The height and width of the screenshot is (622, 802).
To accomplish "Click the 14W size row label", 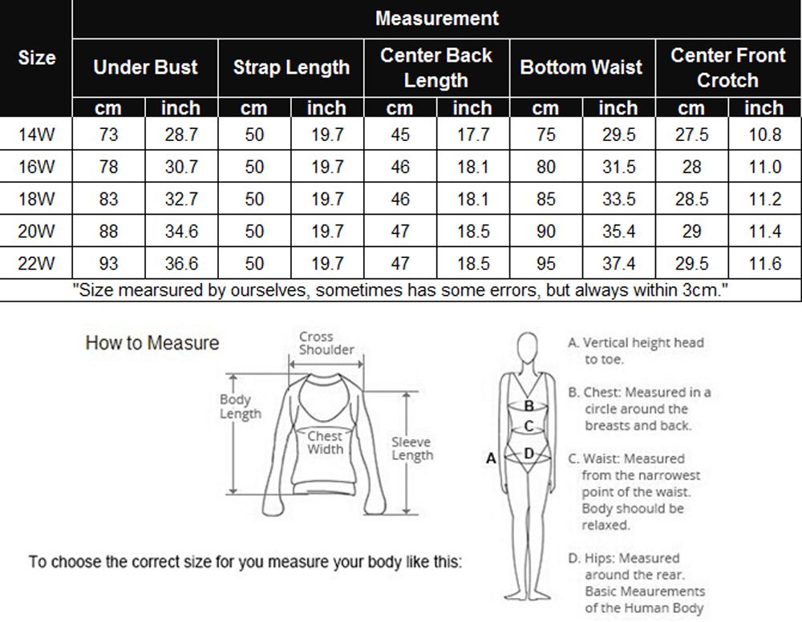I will click(37, 135).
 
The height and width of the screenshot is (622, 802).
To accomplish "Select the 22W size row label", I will click(37, 263).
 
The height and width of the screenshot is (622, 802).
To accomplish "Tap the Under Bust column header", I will click(145, 67).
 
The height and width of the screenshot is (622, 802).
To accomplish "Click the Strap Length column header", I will click(291, 67).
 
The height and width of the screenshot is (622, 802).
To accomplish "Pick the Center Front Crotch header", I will click(727, 67).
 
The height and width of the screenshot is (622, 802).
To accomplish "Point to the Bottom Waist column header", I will click(581, 67).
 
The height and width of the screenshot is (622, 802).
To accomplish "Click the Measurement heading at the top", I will click(436, 18).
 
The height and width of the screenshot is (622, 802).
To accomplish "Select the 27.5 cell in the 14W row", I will click(691, 135).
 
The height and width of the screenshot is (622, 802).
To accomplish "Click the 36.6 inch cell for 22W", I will click(181, 263).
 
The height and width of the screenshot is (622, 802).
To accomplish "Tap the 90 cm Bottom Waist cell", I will click(545, 232).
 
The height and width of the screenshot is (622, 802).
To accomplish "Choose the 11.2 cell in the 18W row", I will click(764, 200).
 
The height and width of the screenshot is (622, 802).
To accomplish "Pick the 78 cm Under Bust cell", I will click(108, 168).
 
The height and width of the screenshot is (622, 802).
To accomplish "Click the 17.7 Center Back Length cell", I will click(472, 135).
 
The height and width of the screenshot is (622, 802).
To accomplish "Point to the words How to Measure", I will click(152, 343).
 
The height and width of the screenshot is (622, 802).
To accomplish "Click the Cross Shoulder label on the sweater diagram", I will click(326, 343).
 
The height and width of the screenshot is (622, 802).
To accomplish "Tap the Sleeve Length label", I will click(412, 448).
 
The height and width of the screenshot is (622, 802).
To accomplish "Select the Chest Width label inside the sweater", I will click(325, 442).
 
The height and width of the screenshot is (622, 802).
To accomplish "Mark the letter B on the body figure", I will click(529, 406).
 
